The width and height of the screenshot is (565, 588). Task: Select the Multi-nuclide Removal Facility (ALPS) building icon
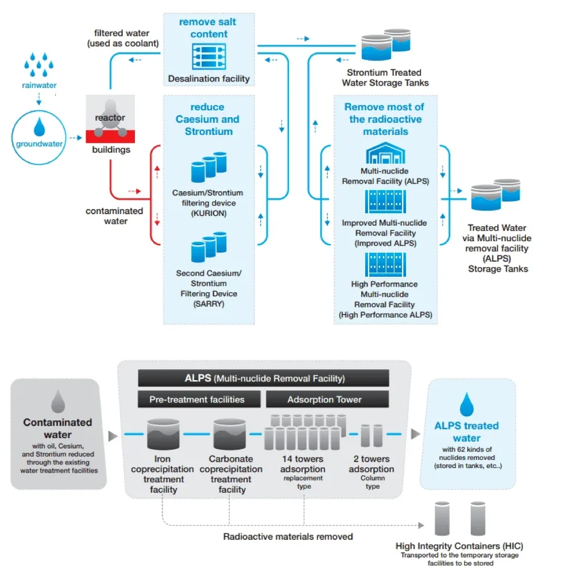pos(385,153)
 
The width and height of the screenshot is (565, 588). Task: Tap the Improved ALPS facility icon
pos(385,203)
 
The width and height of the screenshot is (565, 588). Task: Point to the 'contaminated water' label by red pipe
pos(115,216)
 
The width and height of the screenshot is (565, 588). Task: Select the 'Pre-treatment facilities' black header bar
pos(197,399)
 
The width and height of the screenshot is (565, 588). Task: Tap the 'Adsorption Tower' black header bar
pos(324,399)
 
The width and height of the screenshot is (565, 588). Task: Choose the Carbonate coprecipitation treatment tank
pos(230,434)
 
